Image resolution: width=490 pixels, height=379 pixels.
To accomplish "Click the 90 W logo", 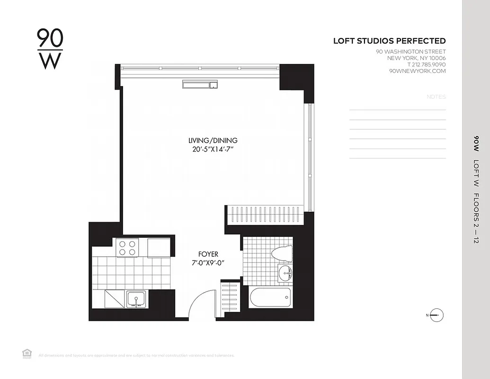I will (x=50, y=49).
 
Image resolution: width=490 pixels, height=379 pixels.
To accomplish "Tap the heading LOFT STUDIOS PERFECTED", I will (x=389, y=41).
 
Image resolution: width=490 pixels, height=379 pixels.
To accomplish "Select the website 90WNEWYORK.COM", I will (x=417, y=71).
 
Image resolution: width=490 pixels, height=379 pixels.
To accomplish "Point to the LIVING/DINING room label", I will (x=213, y=141).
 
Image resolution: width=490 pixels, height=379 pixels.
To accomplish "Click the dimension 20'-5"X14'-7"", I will (x=213, y=149).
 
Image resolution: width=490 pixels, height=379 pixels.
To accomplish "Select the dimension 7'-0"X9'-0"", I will (x=208, y=262).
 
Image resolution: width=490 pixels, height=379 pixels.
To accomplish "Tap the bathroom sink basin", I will (x=285, y=273).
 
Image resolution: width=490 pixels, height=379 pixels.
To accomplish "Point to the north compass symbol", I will (x=437, y=315).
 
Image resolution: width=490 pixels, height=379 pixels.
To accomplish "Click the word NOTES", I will (x=436, y=97).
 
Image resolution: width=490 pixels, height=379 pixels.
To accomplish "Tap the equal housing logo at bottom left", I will (x=27, y=353).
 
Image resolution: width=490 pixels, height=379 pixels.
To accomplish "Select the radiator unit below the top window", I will (x=200, y=85).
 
